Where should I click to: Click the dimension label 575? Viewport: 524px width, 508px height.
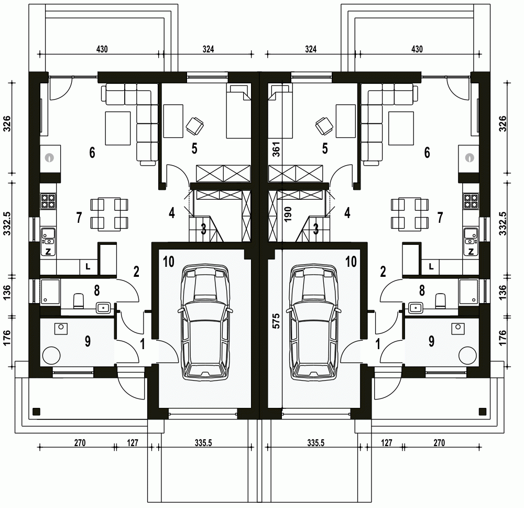tap(276, 321)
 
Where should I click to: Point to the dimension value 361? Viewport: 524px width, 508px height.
tap(276, 149)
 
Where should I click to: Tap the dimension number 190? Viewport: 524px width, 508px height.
tap(288, 214)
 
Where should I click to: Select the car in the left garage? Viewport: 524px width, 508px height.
tap(205, 322)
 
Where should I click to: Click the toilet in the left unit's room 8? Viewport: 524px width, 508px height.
tap(79, 300)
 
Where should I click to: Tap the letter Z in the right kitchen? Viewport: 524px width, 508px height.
tap(471, 252)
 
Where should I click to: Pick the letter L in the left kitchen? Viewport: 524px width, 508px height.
tap(88, 266)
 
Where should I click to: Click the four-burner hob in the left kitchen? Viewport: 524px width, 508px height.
tap(48, 201)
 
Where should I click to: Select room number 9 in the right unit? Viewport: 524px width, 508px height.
tap(431, 341)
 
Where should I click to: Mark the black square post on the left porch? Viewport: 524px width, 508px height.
tap(37, 411)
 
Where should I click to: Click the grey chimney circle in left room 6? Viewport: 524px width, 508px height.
tap(49, 157)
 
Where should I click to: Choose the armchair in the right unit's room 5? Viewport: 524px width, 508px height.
tap(324, 126)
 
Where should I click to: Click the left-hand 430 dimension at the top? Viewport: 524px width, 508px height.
tap(102, 49)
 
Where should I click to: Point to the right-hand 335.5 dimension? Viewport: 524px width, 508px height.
tap(316, 443)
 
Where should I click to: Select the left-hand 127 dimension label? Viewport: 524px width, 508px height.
tap(133, 443)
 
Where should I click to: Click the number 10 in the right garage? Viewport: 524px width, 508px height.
tap(351, 262)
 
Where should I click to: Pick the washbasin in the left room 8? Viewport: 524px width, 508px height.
tap(103, 307)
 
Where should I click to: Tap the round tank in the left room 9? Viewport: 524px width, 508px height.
tap(52, 355)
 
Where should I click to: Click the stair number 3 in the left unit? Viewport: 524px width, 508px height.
tap(203, 229)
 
